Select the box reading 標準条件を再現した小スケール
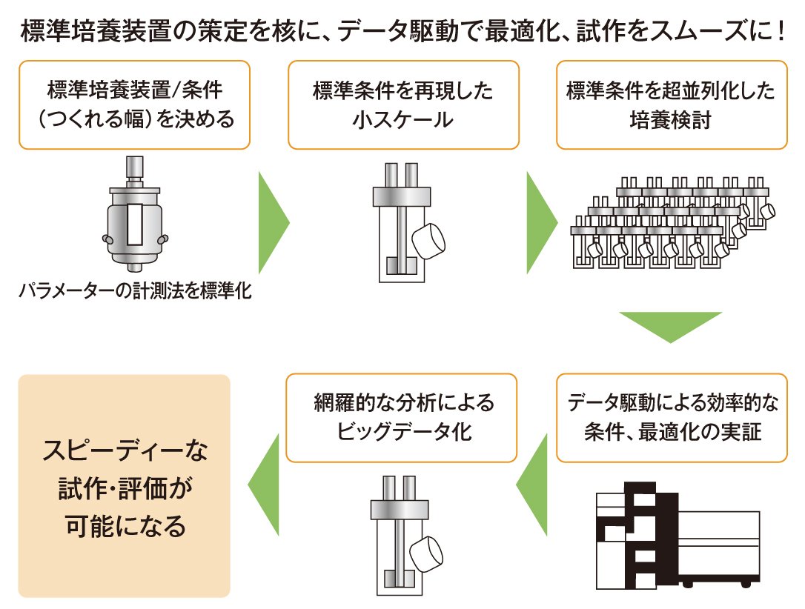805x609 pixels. pyautogui.click(x=402, y=104)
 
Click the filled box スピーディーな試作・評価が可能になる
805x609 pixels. pyautogui.click(x=125, y=486)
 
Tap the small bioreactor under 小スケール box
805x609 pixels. pyautogui.click(x=405, y=222)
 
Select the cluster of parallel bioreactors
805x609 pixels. pyautogui.click(x=675, y=222)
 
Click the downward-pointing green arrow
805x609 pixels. pyautogui.click(x=670, y=326)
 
